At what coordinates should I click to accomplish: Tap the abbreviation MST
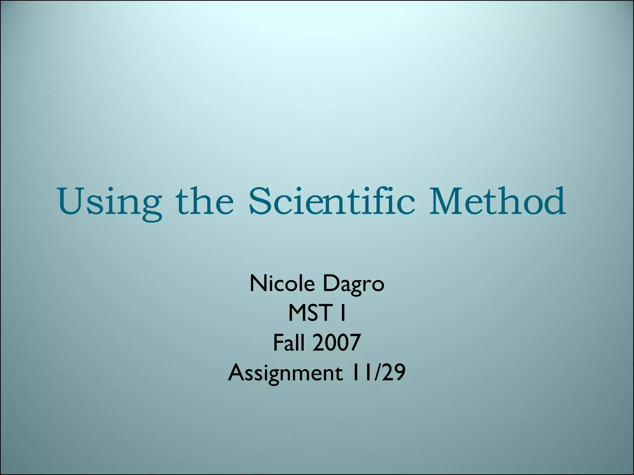(308, 313)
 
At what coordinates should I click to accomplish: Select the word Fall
(289, 343)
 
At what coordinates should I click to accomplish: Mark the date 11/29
(378, 372)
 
